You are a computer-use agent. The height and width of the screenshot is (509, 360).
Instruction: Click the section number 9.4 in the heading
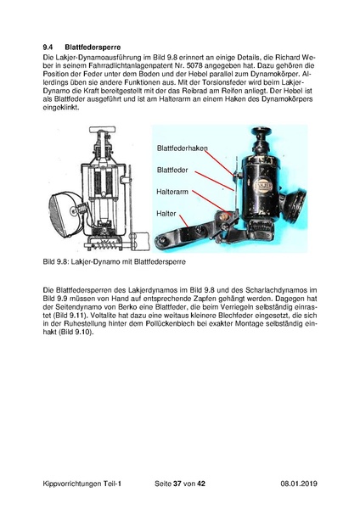pyautogui.click(x=48, y=47)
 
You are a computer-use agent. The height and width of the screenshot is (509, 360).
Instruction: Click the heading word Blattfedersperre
pyautogui.click(x=93, y=47)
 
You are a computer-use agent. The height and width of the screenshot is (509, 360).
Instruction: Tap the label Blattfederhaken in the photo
pyautogui.click(x=182, y=148)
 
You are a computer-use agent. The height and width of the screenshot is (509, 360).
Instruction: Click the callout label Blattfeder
pyautogui.click(x=172, y=171)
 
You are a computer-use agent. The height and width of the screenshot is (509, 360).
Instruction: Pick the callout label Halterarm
pyautogui.click(x=172, y=192)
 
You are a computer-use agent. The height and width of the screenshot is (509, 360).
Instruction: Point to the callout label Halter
pyautogui.click(x=166, y=214)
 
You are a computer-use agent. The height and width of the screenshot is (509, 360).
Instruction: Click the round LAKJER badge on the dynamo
pyautogui.click(x=262, y=185)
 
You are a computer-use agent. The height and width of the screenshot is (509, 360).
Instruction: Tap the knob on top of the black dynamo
pyautogui.click(x=262, y=133)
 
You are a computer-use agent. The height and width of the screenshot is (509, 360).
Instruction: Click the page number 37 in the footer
pyautogui.click(x=177, y=484)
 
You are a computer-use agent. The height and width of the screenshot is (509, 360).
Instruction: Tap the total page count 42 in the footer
pyautogui.click(x=201, y=484)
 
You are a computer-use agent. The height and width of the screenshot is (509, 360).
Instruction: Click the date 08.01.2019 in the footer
pyautogui.click(x=299, y=484)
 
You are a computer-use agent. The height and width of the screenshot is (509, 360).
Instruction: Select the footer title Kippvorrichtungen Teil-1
pyautogui.click(x=82, y=484)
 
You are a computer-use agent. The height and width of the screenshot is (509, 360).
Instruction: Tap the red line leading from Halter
pyautogui.click(x=183, y=221)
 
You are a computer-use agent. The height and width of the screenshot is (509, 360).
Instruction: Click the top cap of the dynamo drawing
pyautogui.click(x=103, y=129)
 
